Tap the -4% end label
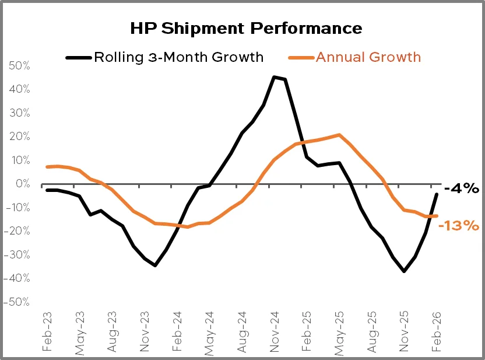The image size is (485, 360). click(x=461, y=188)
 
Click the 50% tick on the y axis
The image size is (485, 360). click(x=19, y=65)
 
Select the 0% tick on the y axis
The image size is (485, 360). click(x=23, y=184)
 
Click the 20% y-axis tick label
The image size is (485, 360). click(x=19, y=137)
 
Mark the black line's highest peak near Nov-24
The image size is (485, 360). click(x=274, y=77)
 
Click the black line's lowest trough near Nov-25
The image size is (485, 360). click(x=403, y=271)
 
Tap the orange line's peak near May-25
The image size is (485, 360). click(x=339, y=135)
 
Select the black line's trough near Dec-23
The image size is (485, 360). click(x=155, y=265)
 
